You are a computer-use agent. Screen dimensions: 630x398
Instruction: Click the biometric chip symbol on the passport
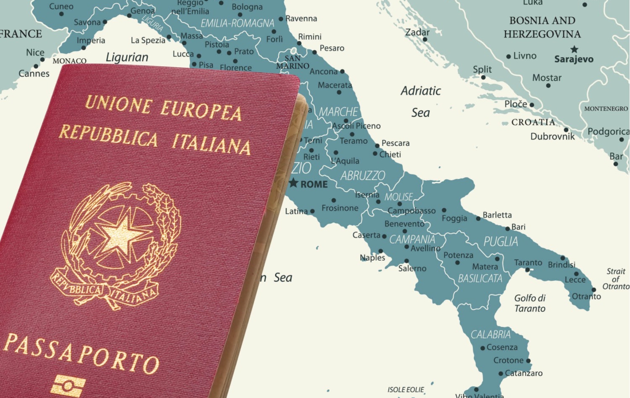(x=68, y=386)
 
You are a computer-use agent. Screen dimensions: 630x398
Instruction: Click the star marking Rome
(x=293, y=183)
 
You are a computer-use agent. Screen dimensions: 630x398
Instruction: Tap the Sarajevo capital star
(x=574, y=49)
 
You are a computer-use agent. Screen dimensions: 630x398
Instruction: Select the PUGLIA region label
(x=500, y=242)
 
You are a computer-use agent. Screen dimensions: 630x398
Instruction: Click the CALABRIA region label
(x=491, y=335)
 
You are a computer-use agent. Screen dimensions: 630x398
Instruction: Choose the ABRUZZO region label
(x=363, y=176)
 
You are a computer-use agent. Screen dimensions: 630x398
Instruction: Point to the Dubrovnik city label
(x=552, y=137)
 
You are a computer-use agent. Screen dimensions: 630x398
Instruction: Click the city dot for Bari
(x=508, y=229)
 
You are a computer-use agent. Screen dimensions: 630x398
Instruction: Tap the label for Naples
(x=372, y=258)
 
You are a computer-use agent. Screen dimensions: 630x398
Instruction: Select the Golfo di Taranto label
(x=530, y=303)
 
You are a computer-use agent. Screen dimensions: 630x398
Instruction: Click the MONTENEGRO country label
(x=606, y=109)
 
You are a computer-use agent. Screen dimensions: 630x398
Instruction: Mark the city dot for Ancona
(x=342, y=71)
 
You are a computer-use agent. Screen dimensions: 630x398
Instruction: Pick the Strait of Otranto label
(x=616, y=279)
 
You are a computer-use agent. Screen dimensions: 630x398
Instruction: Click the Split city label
(x=482, y=69)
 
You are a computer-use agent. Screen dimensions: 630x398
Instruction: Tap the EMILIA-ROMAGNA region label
(x=237, y=23)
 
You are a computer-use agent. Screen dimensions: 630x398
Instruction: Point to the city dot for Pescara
(x=377, y=146)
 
